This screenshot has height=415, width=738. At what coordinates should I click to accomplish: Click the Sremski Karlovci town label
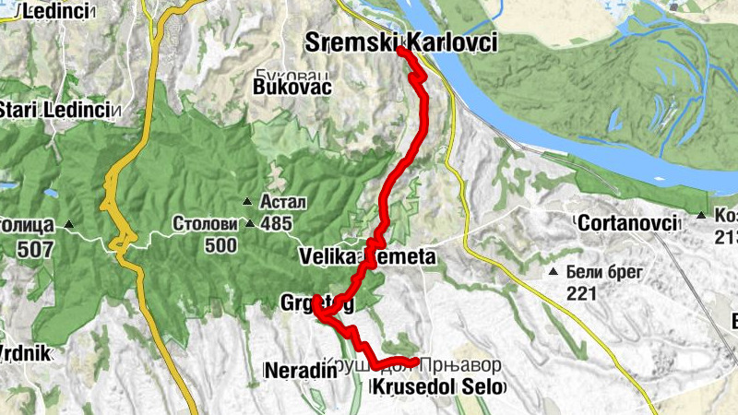coord(400,41)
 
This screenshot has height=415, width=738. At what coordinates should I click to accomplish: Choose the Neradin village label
coord(296,371)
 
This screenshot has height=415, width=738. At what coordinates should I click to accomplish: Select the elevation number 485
coord(275,222)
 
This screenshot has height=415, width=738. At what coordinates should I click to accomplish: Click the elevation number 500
coord(220,246)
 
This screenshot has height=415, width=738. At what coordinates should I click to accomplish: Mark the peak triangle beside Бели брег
coord(553,272)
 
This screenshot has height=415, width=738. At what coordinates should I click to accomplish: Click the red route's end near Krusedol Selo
coord(417,362)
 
